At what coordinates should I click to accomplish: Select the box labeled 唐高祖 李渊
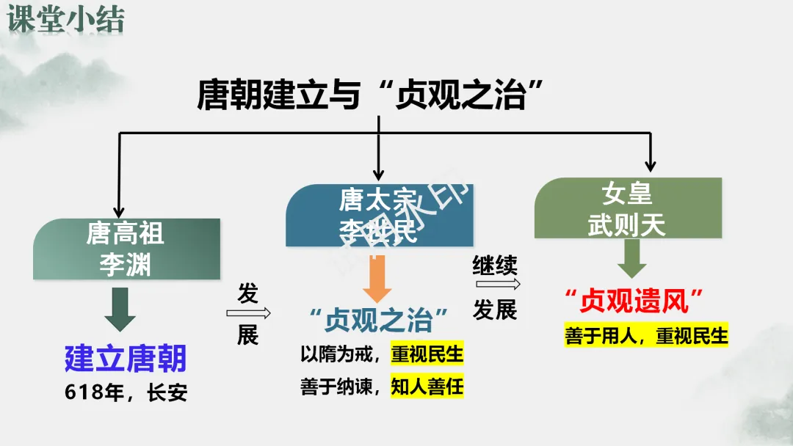tap(126, 249)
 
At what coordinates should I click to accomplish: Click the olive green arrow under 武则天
tap(631, 259)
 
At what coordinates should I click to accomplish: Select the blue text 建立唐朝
tap(126, 358)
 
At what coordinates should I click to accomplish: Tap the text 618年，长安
tap(126, 393)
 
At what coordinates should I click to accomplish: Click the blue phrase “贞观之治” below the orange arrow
tap(378, 321)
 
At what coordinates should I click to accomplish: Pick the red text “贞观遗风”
tap(634, 300)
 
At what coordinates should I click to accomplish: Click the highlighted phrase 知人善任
tap(427, 386)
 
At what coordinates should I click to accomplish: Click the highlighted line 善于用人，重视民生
tap(646, 335)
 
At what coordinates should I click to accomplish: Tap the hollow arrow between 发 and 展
tap(248, 314)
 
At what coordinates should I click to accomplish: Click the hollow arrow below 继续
tap(495, 285)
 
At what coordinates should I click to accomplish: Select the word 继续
tap(495, 265)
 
